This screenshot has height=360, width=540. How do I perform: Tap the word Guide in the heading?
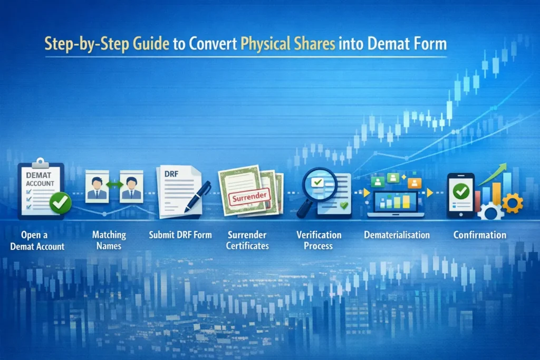point(151,44)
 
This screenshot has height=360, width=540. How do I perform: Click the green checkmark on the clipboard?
point(60,203)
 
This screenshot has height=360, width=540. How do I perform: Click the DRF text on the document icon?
point(171,174)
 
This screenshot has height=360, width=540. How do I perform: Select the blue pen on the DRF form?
point(197,197)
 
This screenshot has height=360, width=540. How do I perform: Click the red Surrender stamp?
point(249,197)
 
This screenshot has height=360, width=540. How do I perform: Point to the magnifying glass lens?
point(319,184)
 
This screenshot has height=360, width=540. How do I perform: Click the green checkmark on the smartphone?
point(461,191)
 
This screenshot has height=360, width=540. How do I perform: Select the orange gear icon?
point(513,203)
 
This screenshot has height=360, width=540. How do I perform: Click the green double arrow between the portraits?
point(114,185)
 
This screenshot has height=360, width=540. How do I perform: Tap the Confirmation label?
point(480,235)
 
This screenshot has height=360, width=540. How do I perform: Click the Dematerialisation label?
point(397,235)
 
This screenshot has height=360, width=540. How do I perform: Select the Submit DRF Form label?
point(180,235)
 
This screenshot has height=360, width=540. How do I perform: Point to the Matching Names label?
point(109,240)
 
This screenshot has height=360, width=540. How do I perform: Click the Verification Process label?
point(319,240)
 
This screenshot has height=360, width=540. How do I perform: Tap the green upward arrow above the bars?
point(493,174)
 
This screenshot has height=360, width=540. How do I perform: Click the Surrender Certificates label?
point(247,240)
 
